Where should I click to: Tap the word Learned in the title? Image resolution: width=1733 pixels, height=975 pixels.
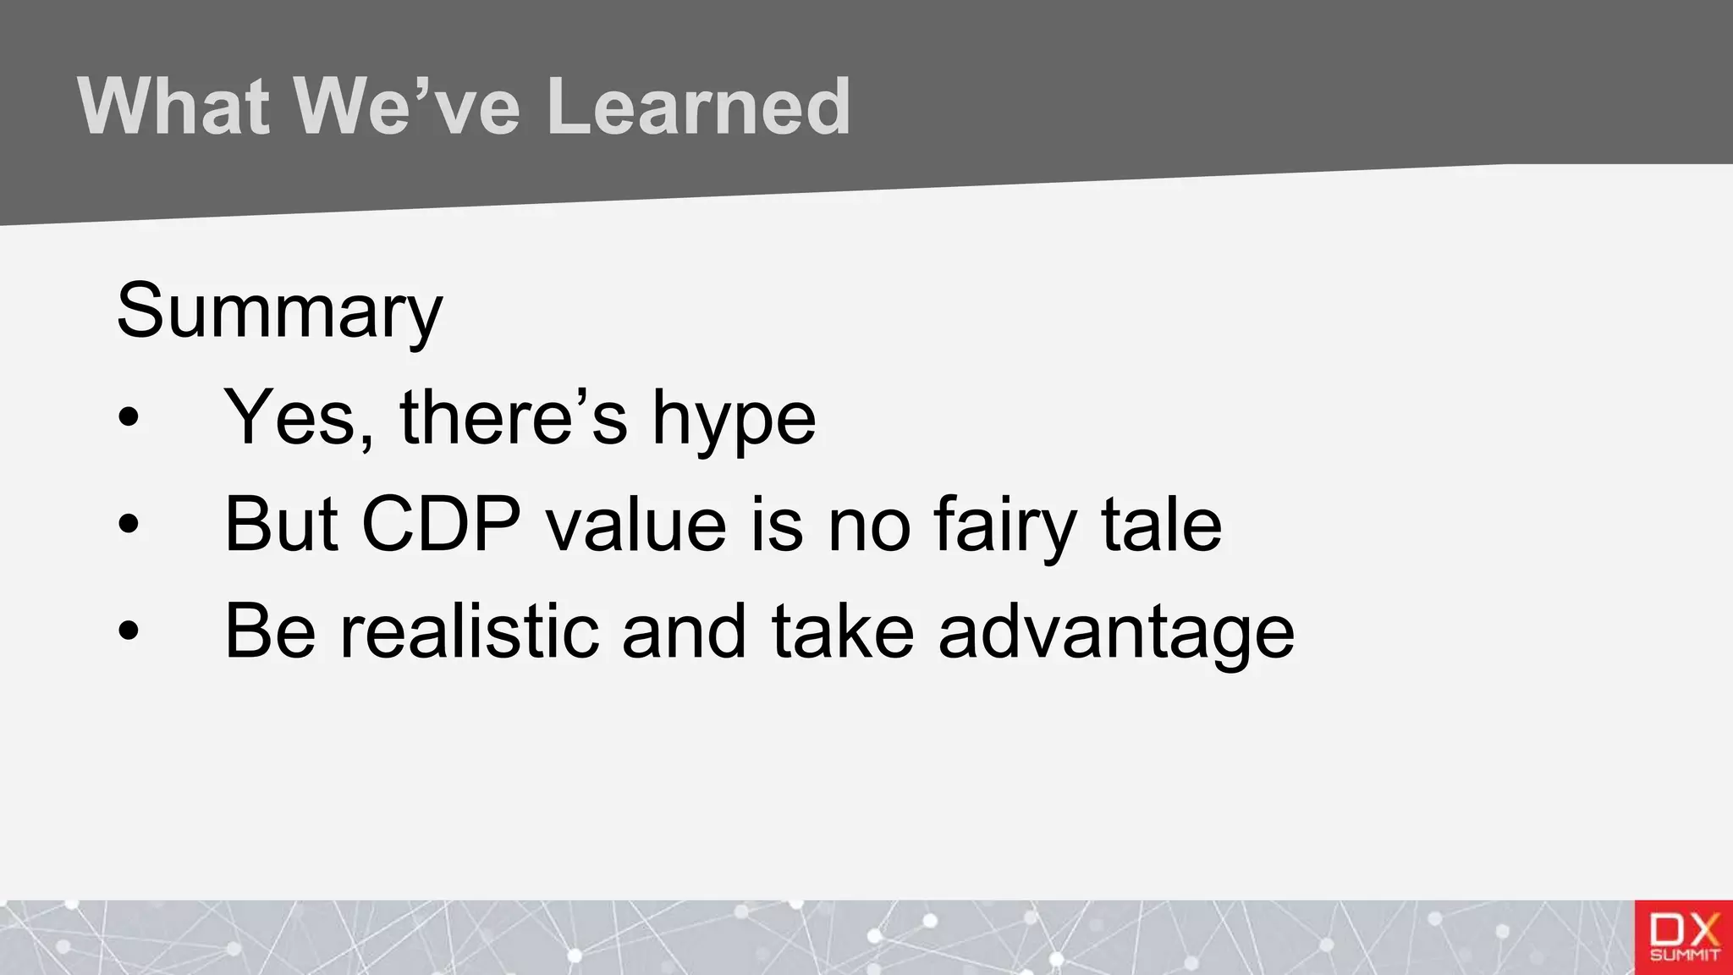tap(697, 107)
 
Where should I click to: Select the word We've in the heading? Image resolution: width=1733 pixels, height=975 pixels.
tap(406, 107)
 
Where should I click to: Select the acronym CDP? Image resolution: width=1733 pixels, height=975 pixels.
tap(441, 524)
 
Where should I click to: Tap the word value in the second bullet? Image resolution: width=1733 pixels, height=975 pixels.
tap(635, 524)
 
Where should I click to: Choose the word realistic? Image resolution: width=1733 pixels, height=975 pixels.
tap(470, 631)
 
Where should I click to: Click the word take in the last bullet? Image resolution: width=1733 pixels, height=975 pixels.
tap(843, 631)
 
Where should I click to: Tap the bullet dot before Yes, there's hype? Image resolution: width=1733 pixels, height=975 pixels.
tap(129, 417)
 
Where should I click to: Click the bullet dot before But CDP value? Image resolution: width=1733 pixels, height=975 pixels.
tap(129, 524)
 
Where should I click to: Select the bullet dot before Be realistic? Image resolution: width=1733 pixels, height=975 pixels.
tap(129, 631)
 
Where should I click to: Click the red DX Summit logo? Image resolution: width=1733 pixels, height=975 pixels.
tap(1683, 938)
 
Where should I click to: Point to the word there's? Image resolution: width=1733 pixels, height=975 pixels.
tap(513, 417)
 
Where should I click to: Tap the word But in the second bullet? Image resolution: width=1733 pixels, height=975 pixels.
tap(281, 524)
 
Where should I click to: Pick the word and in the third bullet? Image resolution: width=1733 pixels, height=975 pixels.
tap(684, 631)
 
